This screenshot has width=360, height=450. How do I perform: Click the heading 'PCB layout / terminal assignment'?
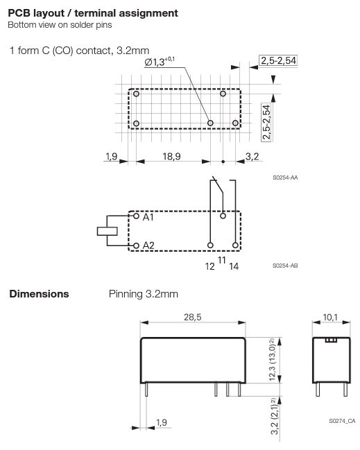point(92,13)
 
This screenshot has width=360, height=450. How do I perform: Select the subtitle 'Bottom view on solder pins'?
point(60,26)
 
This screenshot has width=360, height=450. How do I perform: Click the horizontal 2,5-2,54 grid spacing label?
point(278,62)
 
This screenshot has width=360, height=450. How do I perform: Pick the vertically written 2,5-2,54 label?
point(266,119)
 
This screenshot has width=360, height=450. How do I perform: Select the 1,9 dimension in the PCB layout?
point(112,157)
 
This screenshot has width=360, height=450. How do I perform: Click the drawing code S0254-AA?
point(285,178)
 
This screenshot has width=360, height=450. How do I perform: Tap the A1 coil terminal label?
point(148,217)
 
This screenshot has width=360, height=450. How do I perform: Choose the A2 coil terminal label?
point(148,245)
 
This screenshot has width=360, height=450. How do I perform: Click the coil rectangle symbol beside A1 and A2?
point(107,231)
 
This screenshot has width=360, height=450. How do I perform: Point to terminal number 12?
point(209,265)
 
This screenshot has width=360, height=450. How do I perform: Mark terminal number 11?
point(222,260)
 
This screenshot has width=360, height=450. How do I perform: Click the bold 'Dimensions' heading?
point(39,294)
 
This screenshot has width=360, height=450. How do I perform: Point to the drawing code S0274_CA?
point(342,421)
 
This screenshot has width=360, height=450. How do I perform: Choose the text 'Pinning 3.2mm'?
point(144,294)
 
